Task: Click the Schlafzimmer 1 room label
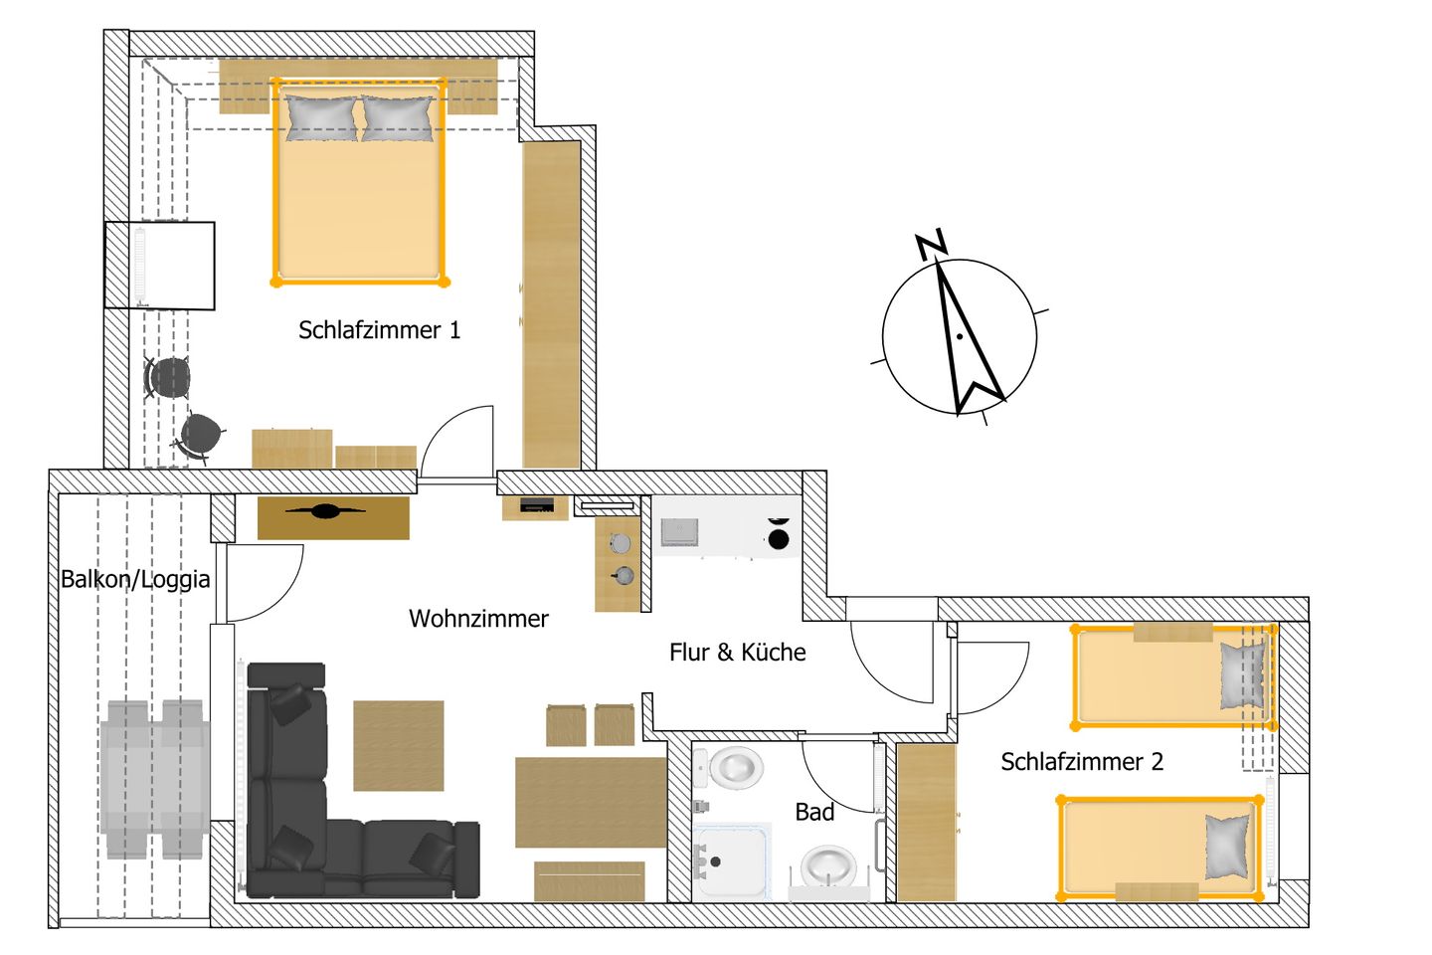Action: (379, 330)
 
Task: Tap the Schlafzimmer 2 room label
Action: (1081, 762)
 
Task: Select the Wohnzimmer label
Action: (478, 619)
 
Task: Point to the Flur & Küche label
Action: (737, 653)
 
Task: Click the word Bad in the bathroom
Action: (814, 813)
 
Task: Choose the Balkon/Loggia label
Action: (135, 579)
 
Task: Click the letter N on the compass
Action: (931, 244)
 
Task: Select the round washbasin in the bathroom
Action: (828, 865)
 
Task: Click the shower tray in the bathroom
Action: (731, 860)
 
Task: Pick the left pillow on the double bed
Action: (321, 118)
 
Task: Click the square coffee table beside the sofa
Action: (398, 746)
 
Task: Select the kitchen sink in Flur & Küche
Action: (680, 532)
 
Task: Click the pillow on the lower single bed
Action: (1227, 847)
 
